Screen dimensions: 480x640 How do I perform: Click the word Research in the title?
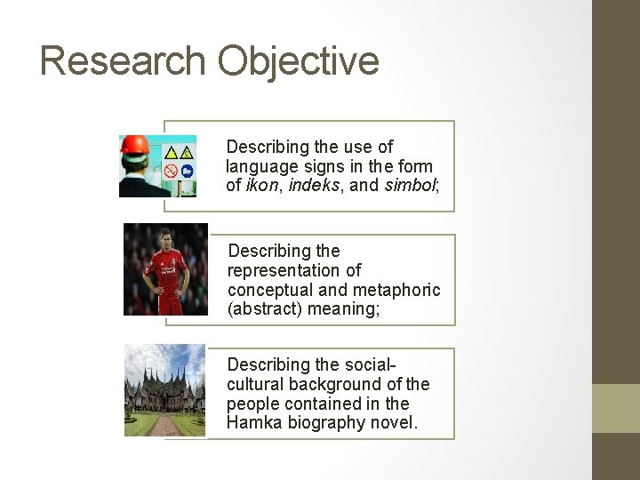coord(123,60)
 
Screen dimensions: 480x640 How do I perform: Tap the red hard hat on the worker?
coord(134,146)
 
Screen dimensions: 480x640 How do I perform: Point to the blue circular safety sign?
coord(187,171)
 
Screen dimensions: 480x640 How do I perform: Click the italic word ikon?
coord(263,185)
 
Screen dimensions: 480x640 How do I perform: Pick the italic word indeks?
coord(312,185)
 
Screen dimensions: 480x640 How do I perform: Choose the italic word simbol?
coord(410,185)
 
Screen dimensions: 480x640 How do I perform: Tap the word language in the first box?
coord(260,166)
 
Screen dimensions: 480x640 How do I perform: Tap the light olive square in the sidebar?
coord(615,408)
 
